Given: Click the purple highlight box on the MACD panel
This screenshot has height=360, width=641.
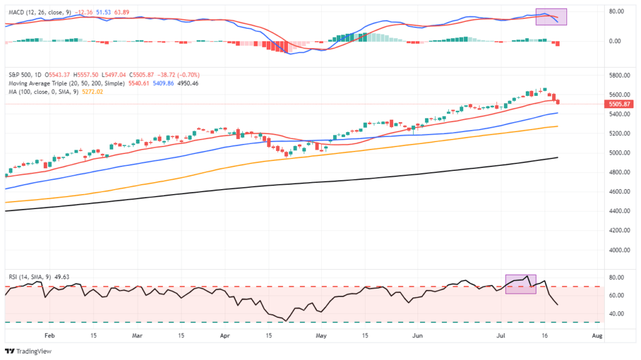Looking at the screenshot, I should [551, 17].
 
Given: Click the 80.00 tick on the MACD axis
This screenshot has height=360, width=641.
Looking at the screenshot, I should [617, 11].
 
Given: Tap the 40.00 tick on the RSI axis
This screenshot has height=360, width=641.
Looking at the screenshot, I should [617, 313].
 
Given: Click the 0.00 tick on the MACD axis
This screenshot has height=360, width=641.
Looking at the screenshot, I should [615, 41].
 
